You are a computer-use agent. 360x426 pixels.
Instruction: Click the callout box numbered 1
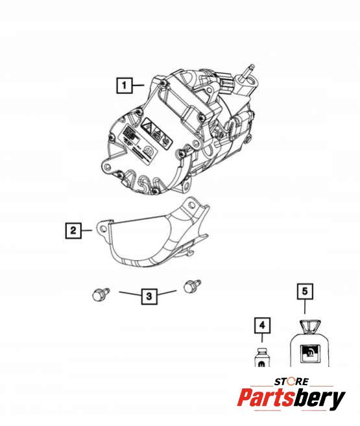125,86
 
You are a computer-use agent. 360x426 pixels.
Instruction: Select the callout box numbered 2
73,231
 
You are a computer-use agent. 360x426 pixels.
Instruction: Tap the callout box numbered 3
149,296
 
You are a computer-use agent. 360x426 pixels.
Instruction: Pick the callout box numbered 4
262,325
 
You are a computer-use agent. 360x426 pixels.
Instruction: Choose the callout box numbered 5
305,291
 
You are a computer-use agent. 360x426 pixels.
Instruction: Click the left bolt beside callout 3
101,294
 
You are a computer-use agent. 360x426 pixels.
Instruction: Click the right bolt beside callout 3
192,286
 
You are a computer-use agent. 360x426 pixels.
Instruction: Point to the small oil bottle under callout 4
262,357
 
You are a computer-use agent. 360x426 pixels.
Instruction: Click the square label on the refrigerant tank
309,354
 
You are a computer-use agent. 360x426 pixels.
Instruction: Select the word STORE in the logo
291,382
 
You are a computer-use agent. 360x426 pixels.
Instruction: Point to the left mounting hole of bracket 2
103,229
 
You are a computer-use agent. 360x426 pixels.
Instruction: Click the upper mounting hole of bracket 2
192,205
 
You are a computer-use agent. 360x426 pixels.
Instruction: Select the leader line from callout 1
138,86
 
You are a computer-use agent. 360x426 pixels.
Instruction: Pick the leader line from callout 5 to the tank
305,307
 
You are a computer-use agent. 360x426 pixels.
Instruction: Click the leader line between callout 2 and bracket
87,230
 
